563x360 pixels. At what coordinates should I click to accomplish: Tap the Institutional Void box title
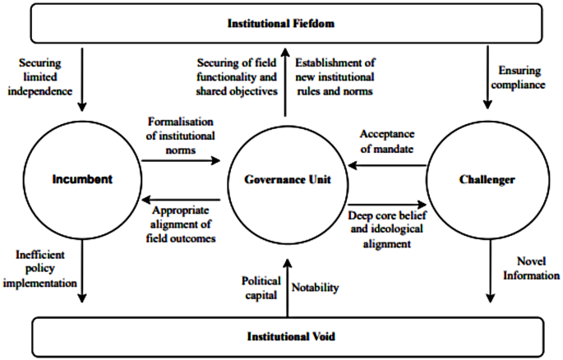point(281,337)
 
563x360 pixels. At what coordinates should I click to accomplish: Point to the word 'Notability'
point(314,288)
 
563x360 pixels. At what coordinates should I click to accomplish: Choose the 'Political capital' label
point(260,288)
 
